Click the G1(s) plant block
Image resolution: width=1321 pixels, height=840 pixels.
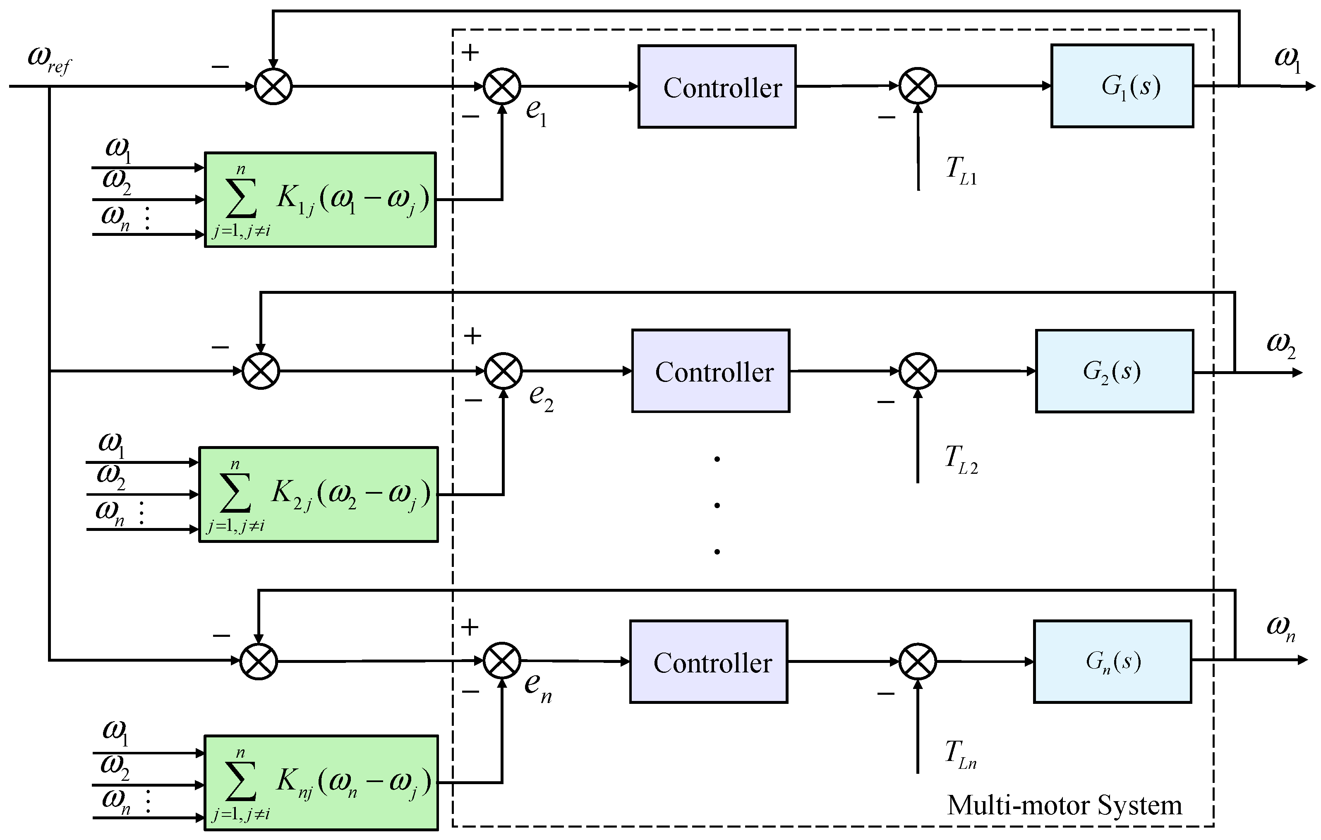point(1122,86)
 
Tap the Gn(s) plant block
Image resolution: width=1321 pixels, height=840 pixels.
point(1112,662)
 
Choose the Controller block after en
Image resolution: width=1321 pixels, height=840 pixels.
point(709,662)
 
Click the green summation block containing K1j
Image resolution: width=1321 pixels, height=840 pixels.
point(320,200)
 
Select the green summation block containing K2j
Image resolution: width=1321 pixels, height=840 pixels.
point(318,495)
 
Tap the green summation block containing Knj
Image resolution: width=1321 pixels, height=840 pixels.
point(321,783)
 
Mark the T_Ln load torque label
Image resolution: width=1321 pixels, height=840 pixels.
point(960,754)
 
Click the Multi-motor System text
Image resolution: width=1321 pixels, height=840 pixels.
point(1064,805)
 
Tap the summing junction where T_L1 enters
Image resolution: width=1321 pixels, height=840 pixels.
point(918,86)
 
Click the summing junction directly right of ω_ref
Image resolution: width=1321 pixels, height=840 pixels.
point(273,86)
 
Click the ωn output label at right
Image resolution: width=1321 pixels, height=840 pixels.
point(1280,628)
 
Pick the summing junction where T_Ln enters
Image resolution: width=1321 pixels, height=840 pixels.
point(918,662)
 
